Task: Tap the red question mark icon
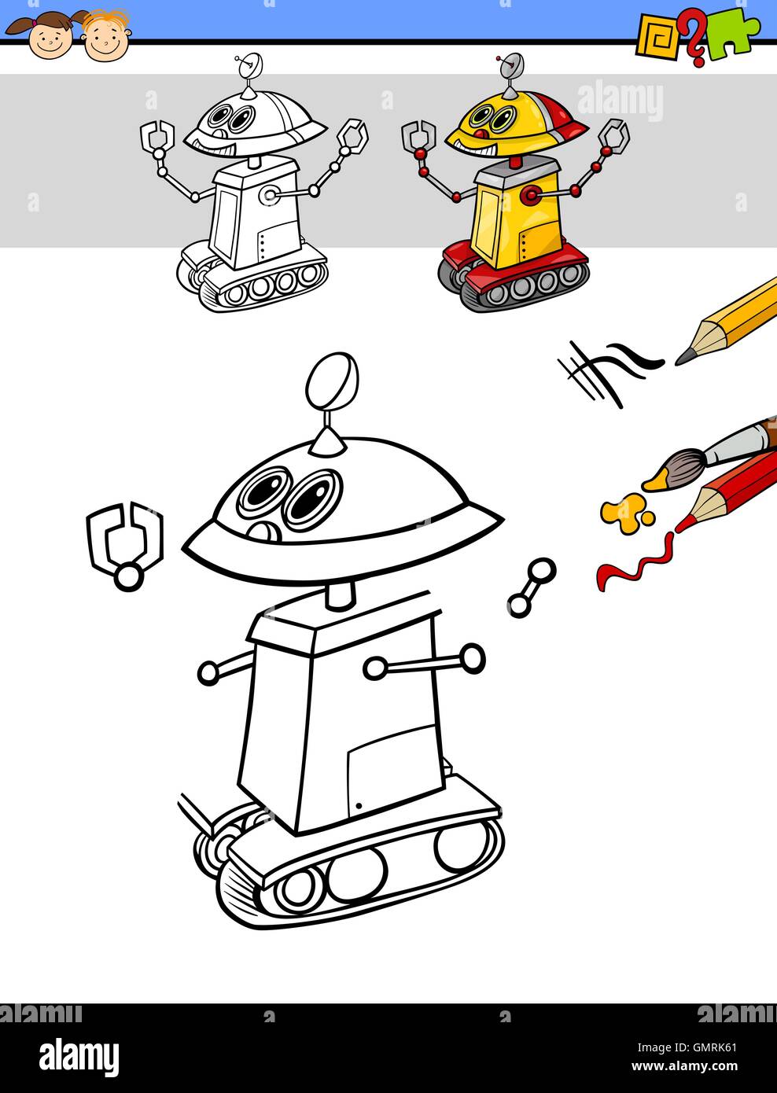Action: coord(693,39)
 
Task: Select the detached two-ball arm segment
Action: coord(532,587)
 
